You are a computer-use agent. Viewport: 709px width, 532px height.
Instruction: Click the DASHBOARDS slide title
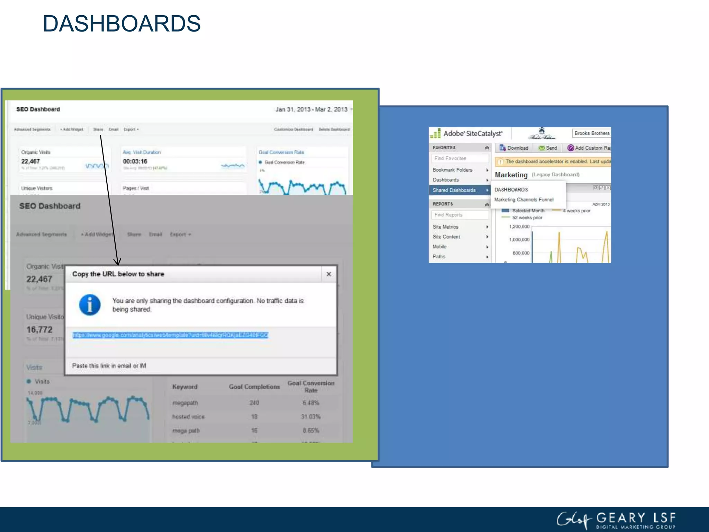tap(122, 24)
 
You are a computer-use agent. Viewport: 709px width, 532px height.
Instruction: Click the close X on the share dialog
tap(329, 274)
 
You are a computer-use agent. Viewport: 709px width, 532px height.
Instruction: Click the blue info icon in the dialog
tap(90, 305)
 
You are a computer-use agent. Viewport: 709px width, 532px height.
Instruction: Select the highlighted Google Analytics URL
tap(170, 335)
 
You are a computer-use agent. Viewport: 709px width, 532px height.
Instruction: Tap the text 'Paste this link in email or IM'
tap(109, 366)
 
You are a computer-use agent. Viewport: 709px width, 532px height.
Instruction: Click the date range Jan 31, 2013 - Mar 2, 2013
tap(311, 109)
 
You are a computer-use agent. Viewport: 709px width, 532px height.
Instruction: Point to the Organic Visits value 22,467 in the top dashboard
tap(30, 161)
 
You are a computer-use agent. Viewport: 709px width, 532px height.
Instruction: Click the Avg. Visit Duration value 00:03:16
tap(135, 161)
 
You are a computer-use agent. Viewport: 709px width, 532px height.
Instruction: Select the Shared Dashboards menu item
tap(454, 190)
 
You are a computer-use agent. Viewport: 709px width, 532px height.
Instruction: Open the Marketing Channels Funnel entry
tap(524, 199)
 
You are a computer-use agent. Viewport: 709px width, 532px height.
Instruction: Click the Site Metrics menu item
tap(446, 227)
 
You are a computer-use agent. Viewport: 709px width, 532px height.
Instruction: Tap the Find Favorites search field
tap(459, 158)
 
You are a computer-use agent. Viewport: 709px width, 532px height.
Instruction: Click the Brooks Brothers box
tap(592, 133)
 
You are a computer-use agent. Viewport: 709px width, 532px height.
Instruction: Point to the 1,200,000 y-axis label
tap(519, 227)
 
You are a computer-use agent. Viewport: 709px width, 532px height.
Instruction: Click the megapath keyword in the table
tap(185, 403)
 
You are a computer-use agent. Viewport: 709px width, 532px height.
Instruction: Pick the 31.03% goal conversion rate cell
tap(311, 417)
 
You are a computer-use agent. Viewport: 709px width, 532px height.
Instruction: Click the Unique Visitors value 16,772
tap(39, 330)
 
